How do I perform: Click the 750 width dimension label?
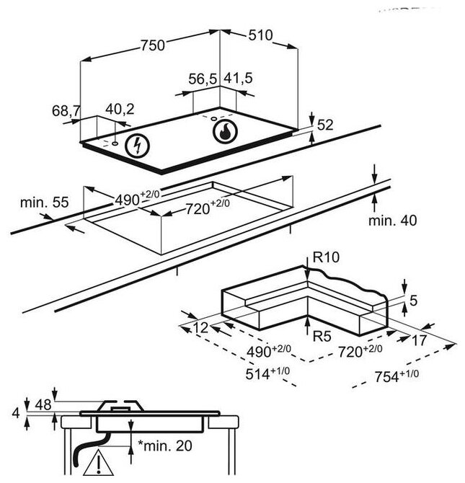click(152, 45)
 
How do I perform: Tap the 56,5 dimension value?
click(203, 79)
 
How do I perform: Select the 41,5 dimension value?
click(239, 79)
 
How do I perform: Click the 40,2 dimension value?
click(120, 110)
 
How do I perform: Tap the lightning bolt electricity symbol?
click(135, 146)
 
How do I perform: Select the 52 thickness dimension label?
click(325, 125)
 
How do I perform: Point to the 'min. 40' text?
click(392, 221)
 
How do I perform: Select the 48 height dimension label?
click(45, 404)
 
